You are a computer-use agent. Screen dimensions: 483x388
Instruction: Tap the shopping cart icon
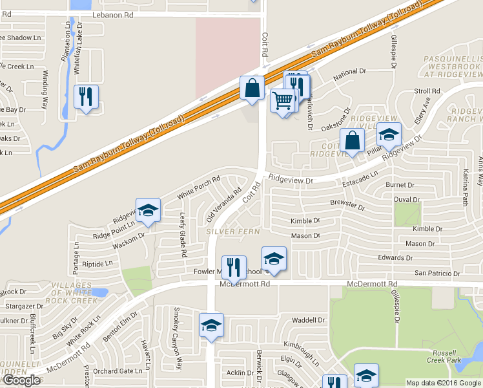tap(282, 101)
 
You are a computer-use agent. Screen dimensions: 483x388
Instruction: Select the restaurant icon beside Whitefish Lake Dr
tap(86, 97)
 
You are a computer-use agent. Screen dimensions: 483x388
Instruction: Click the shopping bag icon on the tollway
tap(251, 88)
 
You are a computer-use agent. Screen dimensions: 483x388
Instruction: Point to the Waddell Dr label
tap(308, 320)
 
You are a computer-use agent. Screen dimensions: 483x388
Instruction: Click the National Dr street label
tap(349, 78)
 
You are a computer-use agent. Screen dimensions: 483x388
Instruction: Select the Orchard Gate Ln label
tap(117, 371)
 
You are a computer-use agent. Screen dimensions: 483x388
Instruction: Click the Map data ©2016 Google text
tap(443, 383)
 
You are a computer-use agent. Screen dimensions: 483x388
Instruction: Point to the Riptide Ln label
tap(98, 263)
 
